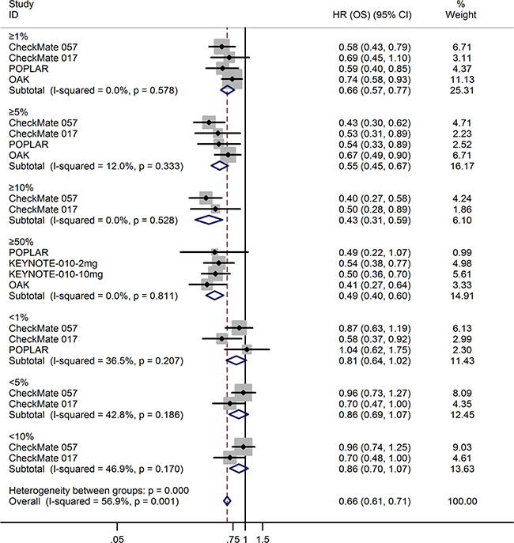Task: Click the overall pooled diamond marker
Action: point(227,501)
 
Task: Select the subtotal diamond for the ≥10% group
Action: point(209,220)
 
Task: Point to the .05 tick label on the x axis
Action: point(117,539)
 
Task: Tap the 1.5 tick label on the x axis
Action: point(263,539)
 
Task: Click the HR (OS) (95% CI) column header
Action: point(372,15)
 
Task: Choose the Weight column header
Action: point(461,15)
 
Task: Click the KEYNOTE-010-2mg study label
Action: point(53,263)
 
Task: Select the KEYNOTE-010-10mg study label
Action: point(56,274)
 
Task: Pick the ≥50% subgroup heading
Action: point(21,242)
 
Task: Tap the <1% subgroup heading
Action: point(19,318)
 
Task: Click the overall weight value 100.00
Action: point(462,501)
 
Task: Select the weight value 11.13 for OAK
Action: point(462,80)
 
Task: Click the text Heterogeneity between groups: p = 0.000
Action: point(99,490)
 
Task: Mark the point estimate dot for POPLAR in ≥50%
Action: point(214,252)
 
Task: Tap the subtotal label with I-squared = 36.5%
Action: point(96,361)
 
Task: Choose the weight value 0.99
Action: point(462,252)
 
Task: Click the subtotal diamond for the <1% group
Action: point(236,360)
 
